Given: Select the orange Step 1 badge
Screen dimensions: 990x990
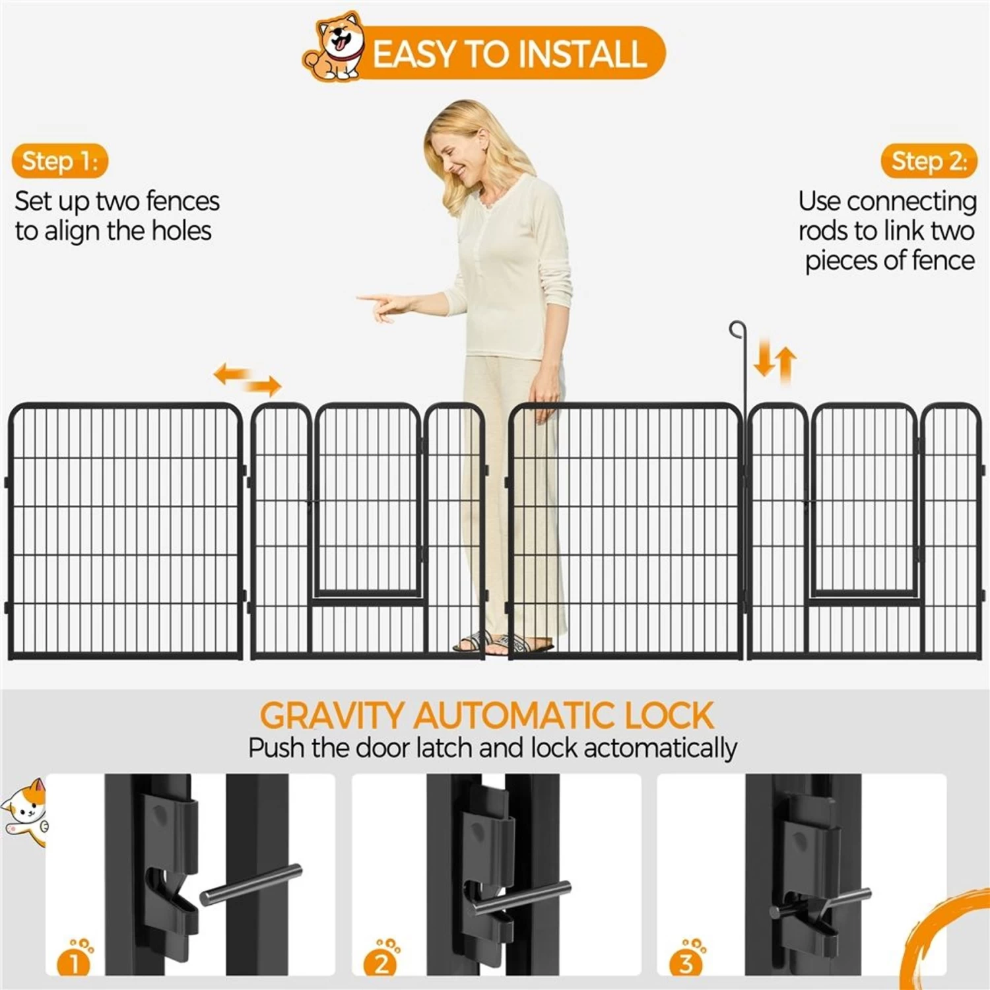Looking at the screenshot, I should (x=59, y=161).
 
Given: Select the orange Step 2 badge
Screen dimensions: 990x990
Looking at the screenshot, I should (x=929, y=161).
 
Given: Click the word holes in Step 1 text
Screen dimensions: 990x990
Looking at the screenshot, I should (x=181, y=231).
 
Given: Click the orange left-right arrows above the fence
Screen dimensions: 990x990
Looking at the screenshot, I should (x=247, y=379).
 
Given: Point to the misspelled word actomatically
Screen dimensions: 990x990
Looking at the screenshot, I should (x=660, y=748).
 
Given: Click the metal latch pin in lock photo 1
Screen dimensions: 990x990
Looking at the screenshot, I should (x=251, y=884).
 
